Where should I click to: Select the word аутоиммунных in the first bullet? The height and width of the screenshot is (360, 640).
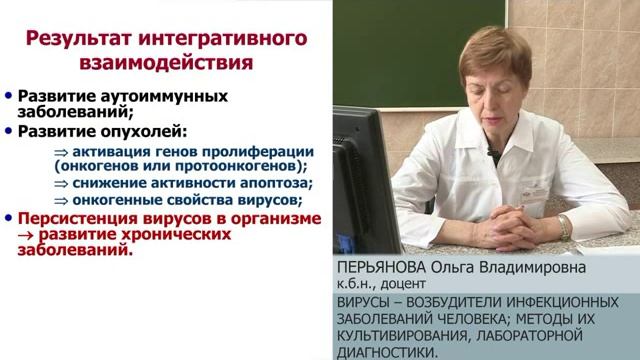(182, 97)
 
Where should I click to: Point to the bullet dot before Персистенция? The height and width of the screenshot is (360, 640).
(9, 218)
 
